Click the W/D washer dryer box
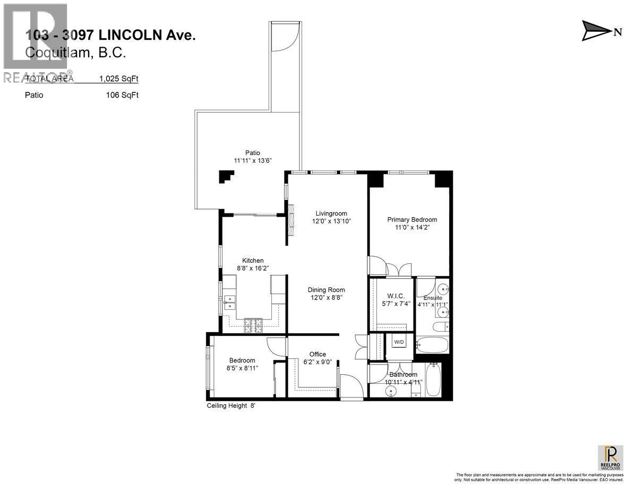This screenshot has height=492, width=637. pos(399,342)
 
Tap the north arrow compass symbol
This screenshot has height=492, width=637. pos(597,31)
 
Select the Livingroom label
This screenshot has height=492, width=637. pos(332,212)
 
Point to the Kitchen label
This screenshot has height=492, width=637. pos(253,261)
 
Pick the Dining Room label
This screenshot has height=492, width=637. pos(326,290)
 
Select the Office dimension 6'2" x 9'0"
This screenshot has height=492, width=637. pos(317,363)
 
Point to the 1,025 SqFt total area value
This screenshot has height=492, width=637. pos(118,79)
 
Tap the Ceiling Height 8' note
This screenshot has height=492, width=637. pos(234,406)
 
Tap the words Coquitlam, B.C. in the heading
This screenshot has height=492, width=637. pos(75,53)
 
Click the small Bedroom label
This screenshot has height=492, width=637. pos(242,360)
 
